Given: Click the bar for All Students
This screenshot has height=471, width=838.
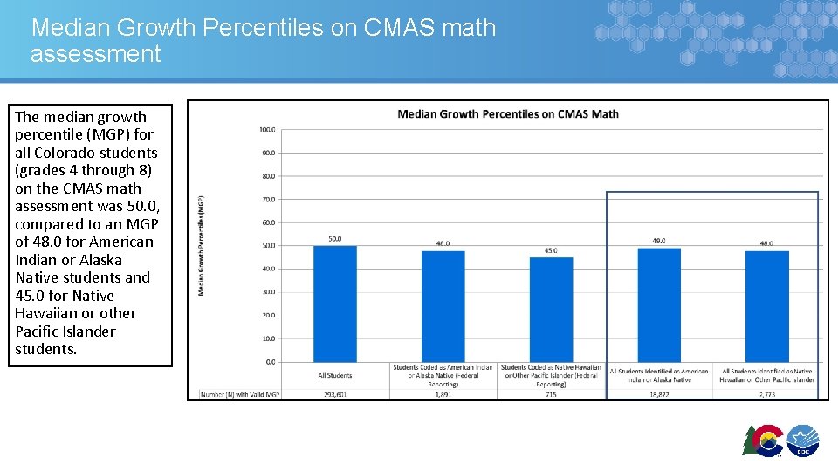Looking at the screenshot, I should [335, 304].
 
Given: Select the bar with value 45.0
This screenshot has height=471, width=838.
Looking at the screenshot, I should [551, 310].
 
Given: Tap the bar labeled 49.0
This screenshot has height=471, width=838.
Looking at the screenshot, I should [659, 305].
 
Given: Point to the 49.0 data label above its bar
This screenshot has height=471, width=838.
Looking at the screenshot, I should [659, 241].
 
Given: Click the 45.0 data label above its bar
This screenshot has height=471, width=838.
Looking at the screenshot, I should [551, 250].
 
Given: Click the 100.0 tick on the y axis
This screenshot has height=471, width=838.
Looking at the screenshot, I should [267, 130].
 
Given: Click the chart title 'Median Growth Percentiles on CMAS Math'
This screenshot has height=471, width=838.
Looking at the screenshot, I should [507, 113].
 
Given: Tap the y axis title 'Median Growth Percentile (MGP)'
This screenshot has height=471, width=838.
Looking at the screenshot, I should [201, 245].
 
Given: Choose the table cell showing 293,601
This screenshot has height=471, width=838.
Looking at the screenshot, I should [335, 394].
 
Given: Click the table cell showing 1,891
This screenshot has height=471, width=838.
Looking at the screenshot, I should [443, 394].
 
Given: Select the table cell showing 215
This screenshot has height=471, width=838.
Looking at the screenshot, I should [551, 394].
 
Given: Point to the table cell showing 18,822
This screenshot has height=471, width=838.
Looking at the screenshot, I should [659, 394].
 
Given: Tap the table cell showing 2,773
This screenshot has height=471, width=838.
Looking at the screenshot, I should [767, 394].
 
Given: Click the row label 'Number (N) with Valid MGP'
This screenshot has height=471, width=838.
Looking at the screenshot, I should [239, 394].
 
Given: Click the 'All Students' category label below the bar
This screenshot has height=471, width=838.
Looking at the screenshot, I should [335, 376].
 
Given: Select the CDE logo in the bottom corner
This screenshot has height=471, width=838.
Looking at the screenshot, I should [802, 441].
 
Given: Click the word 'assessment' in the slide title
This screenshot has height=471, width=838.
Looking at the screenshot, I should [96, 54].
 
